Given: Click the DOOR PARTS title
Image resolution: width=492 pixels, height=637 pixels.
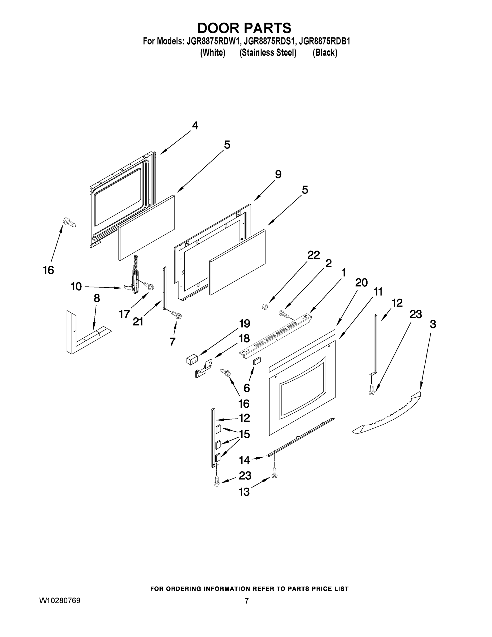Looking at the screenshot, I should coord(244,28).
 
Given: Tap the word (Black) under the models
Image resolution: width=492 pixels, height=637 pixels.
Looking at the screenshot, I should coord(325,53).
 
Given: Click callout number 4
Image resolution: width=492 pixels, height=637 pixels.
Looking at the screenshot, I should coord(195,126).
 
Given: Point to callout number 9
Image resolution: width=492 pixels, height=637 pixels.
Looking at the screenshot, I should coord(278,175).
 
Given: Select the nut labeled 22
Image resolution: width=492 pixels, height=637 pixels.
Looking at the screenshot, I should coord(265,307).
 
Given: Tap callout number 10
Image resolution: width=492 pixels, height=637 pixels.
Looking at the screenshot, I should coord(76,287).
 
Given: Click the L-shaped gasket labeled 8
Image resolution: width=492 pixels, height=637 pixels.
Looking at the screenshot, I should coord(88,338).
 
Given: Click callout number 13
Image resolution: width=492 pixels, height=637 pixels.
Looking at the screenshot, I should coord(244,492).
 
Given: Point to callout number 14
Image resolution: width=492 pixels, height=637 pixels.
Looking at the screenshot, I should coord(244,460).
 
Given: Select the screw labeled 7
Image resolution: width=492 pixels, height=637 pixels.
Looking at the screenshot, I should coord(176,315).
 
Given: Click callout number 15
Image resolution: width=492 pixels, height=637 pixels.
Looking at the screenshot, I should coord(244,434).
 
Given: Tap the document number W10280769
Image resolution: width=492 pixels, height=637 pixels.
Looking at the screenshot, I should coord(60,601).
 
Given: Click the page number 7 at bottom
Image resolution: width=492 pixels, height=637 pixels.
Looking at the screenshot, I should coord(247,601).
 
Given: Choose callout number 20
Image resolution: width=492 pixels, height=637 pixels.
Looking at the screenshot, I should coord(361,283).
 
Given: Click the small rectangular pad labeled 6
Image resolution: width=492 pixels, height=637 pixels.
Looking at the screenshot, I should coord(256,361).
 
